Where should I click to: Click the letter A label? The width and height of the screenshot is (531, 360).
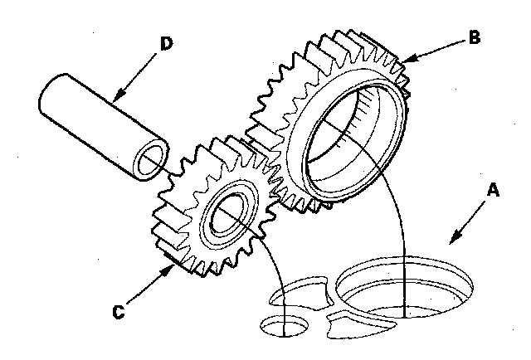coord(492,191)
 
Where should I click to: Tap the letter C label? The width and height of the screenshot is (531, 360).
coord(119,312)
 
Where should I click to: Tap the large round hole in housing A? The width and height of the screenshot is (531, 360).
coord(407,290)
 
